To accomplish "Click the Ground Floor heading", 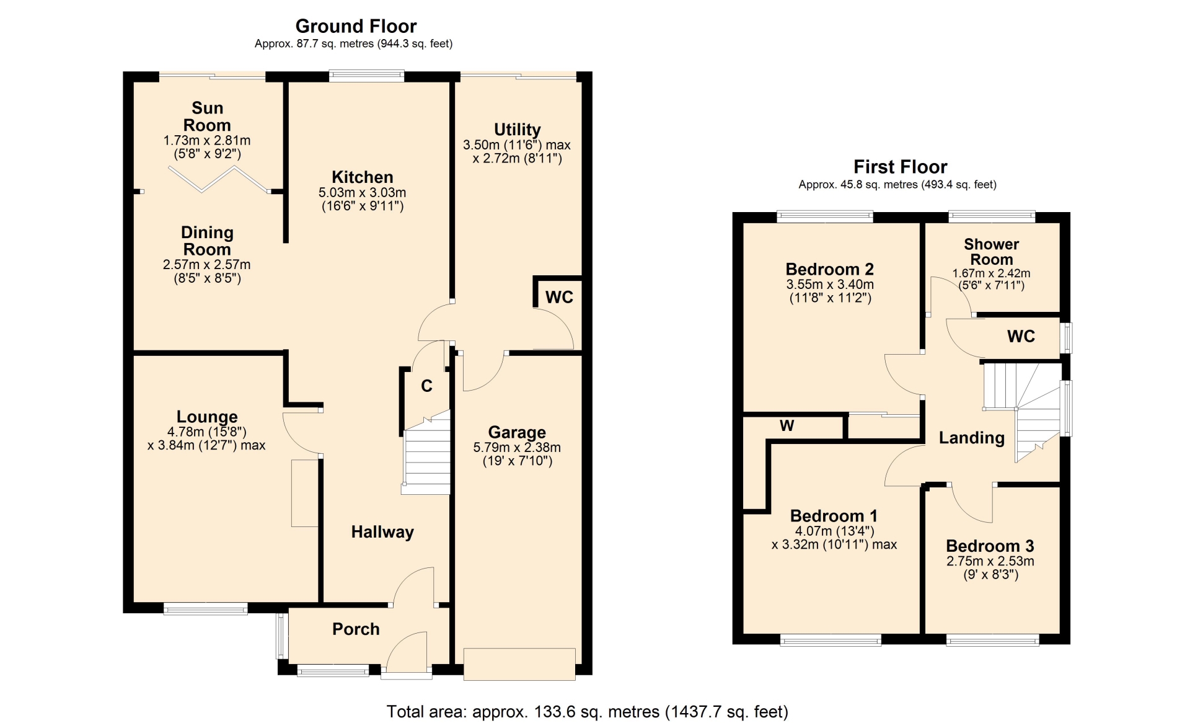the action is [356, 26].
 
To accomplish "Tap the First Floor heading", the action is [900, 167].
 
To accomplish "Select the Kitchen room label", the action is [363, 177].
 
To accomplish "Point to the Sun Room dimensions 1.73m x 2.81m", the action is [207, 140].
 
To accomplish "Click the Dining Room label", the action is [207, 241].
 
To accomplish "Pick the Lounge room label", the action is [207, 417].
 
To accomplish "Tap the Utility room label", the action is [518, 130].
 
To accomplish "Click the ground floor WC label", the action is [559, 298].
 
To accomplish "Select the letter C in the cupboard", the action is [426, 386].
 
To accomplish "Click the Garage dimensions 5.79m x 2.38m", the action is [517, 447].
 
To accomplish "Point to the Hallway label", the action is [382, 532].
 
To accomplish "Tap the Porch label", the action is [356, 629].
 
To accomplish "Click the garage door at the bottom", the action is [519, 664].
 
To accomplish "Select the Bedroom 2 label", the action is [830, 269].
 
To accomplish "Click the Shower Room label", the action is [992, 252].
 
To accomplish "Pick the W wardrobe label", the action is [787, 425].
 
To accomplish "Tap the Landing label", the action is [972, 438].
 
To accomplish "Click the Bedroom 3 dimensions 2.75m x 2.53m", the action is [990, 561].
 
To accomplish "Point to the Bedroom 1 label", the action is [834, 516].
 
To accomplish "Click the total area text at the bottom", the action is [588, 712].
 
